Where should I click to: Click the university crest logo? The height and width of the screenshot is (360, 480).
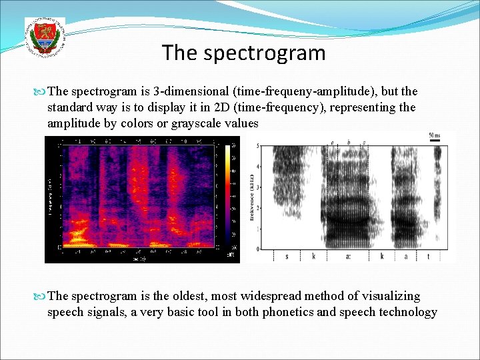pos(45,37)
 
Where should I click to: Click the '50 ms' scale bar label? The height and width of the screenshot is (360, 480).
pos(435,136)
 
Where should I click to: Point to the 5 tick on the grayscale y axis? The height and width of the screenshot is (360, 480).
pos(258,147)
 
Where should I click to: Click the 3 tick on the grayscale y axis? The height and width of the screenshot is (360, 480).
pos(258,188)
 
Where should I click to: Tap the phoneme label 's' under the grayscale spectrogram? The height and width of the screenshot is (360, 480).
pos(287,256)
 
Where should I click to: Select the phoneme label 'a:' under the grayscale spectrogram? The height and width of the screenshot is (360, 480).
pos(348,256)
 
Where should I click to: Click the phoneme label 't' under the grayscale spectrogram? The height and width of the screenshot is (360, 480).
pos(428,256)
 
